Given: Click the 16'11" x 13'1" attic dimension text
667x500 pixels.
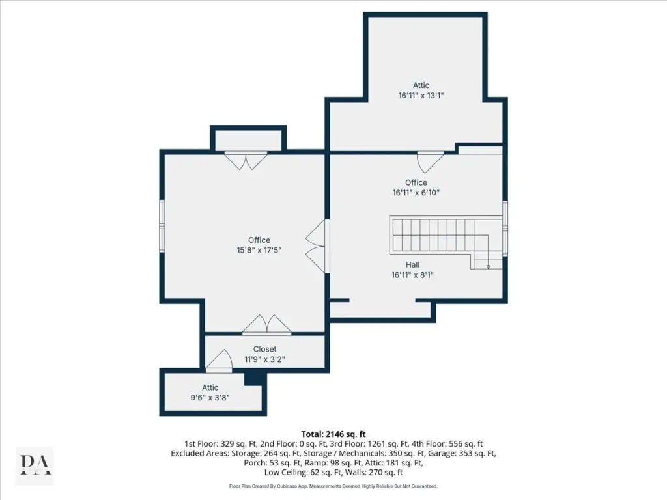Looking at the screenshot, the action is pyautogui.click(x=421, y=95).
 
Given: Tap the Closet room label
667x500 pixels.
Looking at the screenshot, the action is pyautogui.click(x=264, y=349).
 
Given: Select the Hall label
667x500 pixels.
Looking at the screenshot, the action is pyautogui.click(x=412, y=264).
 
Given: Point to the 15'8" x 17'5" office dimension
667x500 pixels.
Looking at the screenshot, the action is pyautogui.click(x=259, y=250).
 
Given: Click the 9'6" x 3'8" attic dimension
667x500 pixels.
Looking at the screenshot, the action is pyautogui.click(x=210, y=398).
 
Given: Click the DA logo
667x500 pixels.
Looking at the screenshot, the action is pyautogui.click(x=35, y=465).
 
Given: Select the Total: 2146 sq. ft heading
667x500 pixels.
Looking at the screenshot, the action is pyautogui.click(x=333, y=434).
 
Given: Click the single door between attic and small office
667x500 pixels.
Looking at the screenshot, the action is pyautogui.click(x=430, y=162).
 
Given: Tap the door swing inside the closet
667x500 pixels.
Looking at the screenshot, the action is pyautogui.click(x=219, y=361).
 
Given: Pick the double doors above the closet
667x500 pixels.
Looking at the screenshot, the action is pyautogui.click(x=266, y=325).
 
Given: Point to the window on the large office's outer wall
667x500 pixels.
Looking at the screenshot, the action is pyautogui.click(x=162, y=226).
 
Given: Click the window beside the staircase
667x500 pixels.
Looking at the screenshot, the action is pyautogui.click(x=505, y=229).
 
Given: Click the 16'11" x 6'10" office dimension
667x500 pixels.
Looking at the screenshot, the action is pyautogui.click(x=416, y=193).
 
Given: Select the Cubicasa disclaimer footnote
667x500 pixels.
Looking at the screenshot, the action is pyautogui.click(x=333, y=486).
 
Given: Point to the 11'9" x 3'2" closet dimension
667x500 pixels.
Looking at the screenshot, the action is pyautogui.click(x=264, y=359).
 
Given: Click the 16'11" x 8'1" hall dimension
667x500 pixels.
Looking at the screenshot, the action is pyautogui.click(x=412, y=275).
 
